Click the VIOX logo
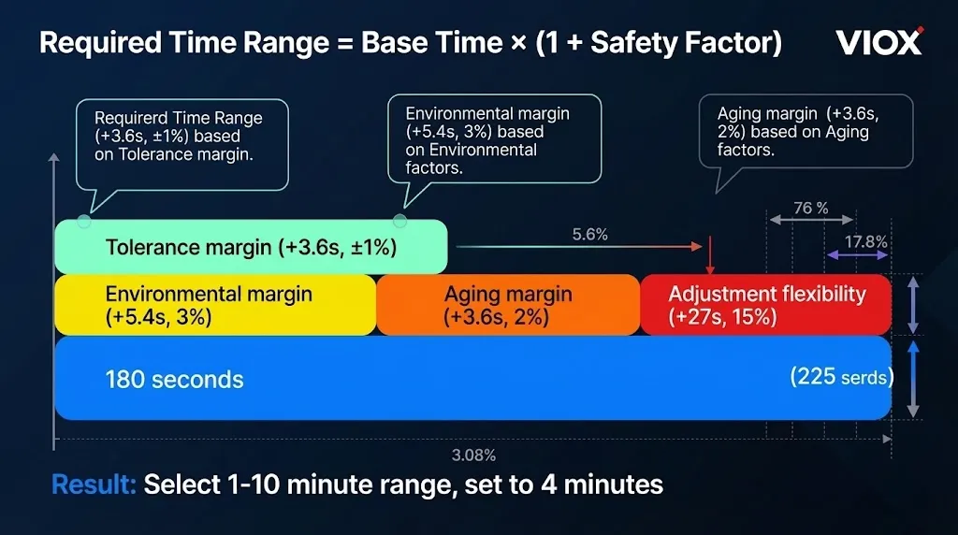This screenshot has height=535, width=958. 878,42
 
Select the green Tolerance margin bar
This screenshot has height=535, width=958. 251,247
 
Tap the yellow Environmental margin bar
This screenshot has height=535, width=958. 215,305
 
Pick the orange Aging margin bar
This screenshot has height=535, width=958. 508,305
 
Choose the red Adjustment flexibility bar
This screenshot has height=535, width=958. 765,305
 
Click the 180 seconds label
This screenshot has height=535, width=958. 174,380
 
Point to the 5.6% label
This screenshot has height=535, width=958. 590,235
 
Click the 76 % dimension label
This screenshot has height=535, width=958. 810,209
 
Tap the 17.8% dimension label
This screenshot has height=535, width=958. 865,241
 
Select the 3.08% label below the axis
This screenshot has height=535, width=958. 473,455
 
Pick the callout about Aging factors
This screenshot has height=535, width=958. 805,131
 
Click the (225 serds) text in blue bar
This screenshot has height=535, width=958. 840,377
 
